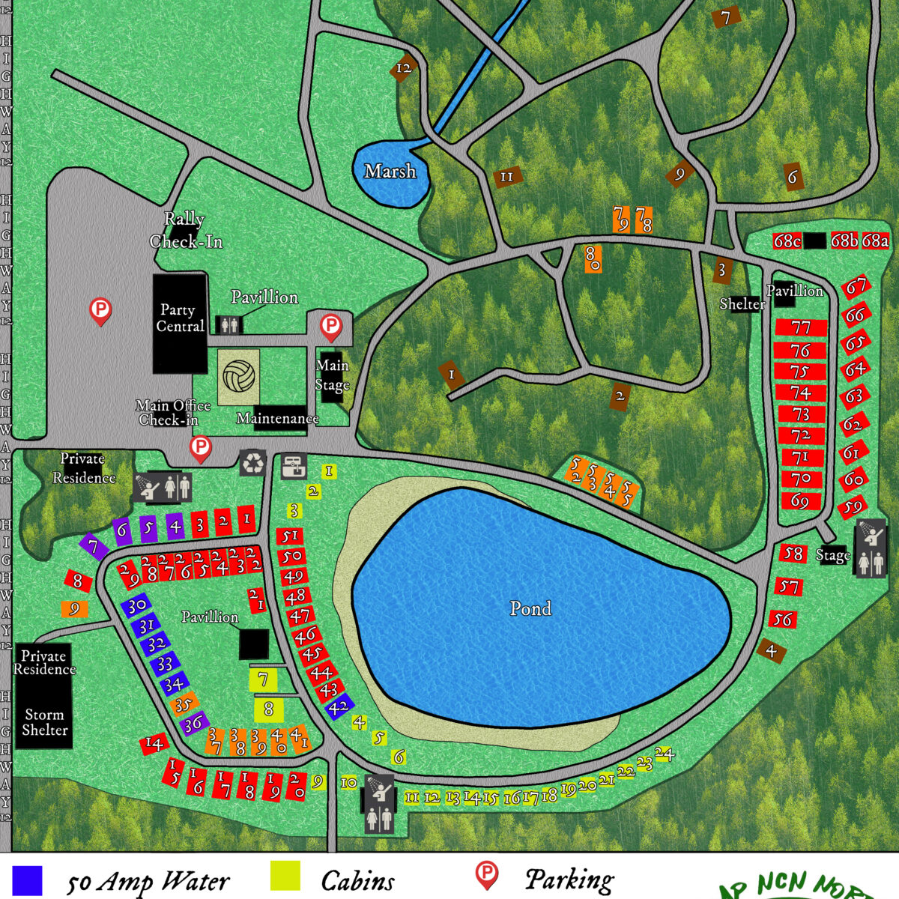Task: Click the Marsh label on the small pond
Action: point(390,172)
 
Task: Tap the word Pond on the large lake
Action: point(530,608)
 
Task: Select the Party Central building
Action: point(180,323)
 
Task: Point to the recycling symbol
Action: point(253,462)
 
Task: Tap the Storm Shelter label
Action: point(45,722)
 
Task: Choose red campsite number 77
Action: point(801,328)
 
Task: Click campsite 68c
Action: point(787,241)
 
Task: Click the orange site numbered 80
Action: point(593,258)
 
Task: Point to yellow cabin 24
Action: point(665,754)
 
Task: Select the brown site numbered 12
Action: point(404,68)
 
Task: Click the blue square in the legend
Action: point(27,880)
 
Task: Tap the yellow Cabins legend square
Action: point(285,877)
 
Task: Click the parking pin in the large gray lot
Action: point(100,310)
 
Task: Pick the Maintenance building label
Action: point(278,419)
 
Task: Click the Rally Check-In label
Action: point(185,230)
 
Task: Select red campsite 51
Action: point(290,536)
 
